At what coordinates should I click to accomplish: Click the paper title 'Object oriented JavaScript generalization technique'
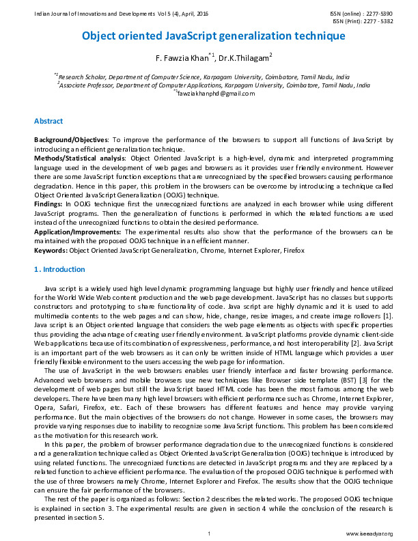click(214, 36)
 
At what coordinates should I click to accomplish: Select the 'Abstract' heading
click(49, 121)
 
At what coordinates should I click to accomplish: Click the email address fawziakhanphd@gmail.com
click(214, 94)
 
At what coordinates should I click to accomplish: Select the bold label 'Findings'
click(48, 203)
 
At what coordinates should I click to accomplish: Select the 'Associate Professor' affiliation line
click(214, 86)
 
